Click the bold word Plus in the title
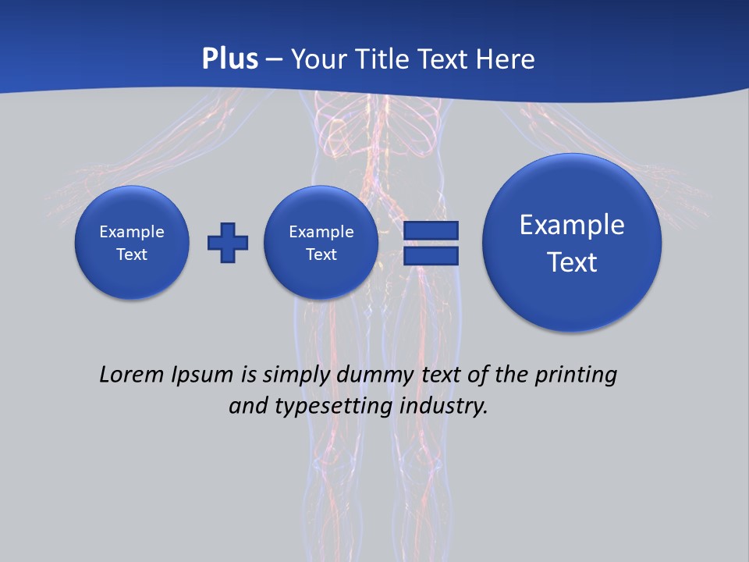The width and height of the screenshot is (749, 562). (229, 59)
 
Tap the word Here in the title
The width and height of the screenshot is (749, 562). (506, 59)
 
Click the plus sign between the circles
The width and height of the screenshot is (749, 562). (228, 243)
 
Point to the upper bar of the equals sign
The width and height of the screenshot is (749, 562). (431, 231)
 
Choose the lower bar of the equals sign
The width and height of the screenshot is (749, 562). (431, 256)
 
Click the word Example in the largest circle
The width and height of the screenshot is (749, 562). (572, 226)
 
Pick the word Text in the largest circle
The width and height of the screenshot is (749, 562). (572, 262)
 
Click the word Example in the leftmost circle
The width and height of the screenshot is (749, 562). (132, 232)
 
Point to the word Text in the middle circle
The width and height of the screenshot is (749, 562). (321, 254)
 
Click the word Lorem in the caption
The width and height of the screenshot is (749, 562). (131, 375)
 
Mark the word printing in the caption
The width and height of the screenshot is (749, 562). (576, 375)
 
